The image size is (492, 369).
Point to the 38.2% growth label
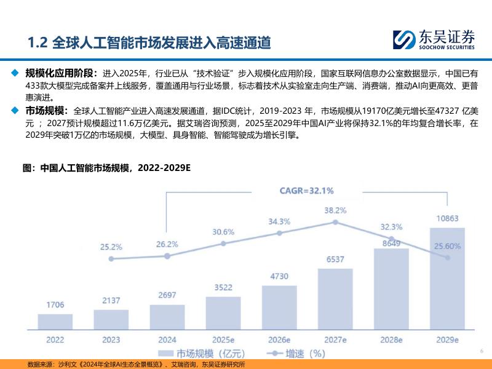coord(335,210)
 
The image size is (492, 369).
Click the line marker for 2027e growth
coord(335,222)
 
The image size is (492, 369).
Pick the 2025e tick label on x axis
coord(223,340)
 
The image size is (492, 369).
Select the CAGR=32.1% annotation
coord(307,190)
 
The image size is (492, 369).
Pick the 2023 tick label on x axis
coord(111,340)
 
